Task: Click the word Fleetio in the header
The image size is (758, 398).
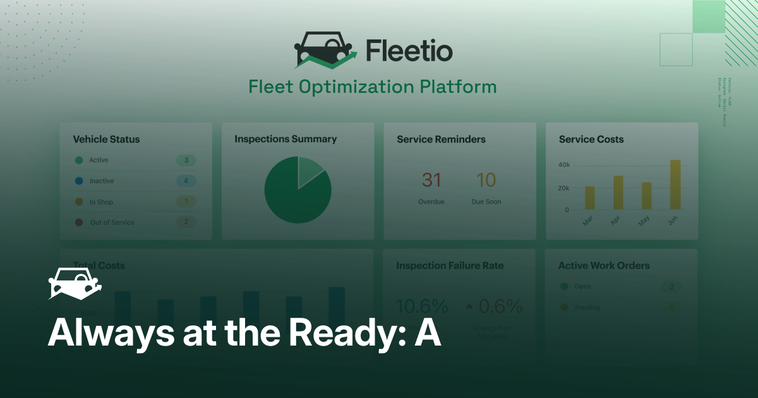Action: click(409, 50)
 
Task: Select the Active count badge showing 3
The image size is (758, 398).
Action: click(186, 160)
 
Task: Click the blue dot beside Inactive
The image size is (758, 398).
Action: click(79, 181)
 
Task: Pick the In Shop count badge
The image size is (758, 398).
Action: click(186, 202)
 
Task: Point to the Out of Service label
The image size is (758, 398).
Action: click(112, 222)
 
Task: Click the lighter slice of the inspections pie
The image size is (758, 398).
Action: click(310, 170)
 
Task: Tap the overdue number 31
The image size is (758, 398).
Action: click(431, 181)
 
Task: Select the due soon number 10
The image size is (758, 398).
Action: click(486, 181)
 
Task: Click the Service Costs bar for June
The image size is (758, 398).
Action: click(675, 184)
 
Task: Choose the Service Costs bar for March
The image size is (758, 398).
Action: click(590, 198)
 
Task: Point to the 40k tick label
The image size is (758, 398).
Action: click(563, 165)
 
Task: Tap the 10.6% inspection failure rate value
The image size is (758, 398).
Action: click(421, 306)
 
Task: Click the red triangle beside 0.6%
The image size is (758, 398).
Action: click(469, 306)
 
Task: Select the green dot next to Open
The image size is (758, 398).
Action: click(564, 287)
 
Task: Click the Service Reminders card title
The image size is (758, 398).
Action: click(441, 139)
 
